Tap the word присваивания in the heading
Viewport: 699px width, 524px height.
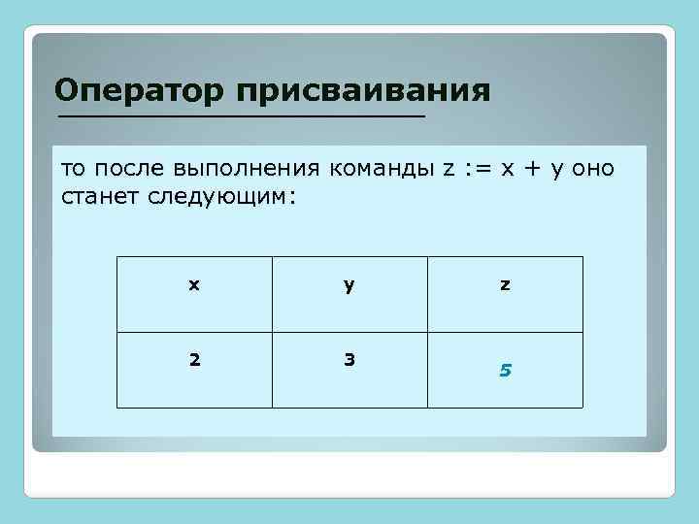(361, 92)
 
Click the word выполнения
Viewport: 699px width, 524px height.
(250, 170)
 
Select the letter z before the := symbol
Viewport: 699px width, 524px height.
(449, 169)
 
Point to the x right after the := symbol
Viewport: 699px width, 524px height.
(507, 169)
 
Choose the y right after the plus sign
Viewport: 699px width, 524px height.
(556, 171)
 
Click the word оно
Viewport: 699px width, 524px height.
(592, 169)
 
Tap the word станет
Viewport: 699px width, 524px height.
(101, 197)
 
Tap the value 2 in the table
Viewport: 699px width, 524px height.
(194, 359)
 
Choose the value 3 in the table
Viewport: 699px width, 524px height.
(349, 359)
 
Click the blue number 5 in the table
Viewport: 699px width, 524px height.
(505, 370)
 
